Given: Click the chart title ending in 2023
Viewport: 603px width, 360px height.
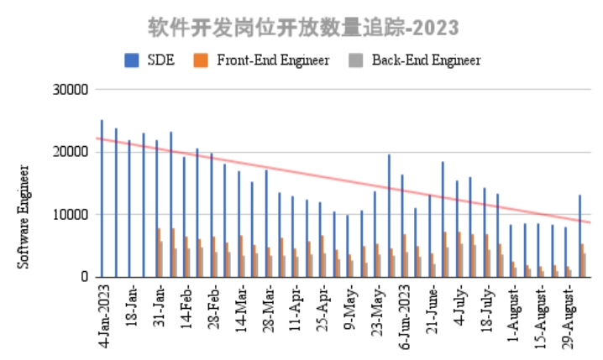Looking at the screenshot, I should (303, 28).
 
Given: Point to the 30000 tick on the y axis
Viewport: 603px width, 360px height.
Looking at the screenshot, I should (71, 90).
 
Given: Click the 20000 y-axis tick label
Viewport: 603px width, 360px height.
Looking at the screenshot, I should (71, 152).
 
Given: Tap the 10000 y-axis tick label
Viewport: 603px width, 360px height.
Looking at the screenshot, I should (71, 215).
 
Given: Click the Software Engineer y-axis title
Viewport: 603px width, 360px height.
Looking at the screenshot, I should (24, 217).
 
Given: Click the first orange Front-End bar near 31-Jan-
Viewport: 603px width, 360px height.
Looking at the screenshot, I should (159, 253).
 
